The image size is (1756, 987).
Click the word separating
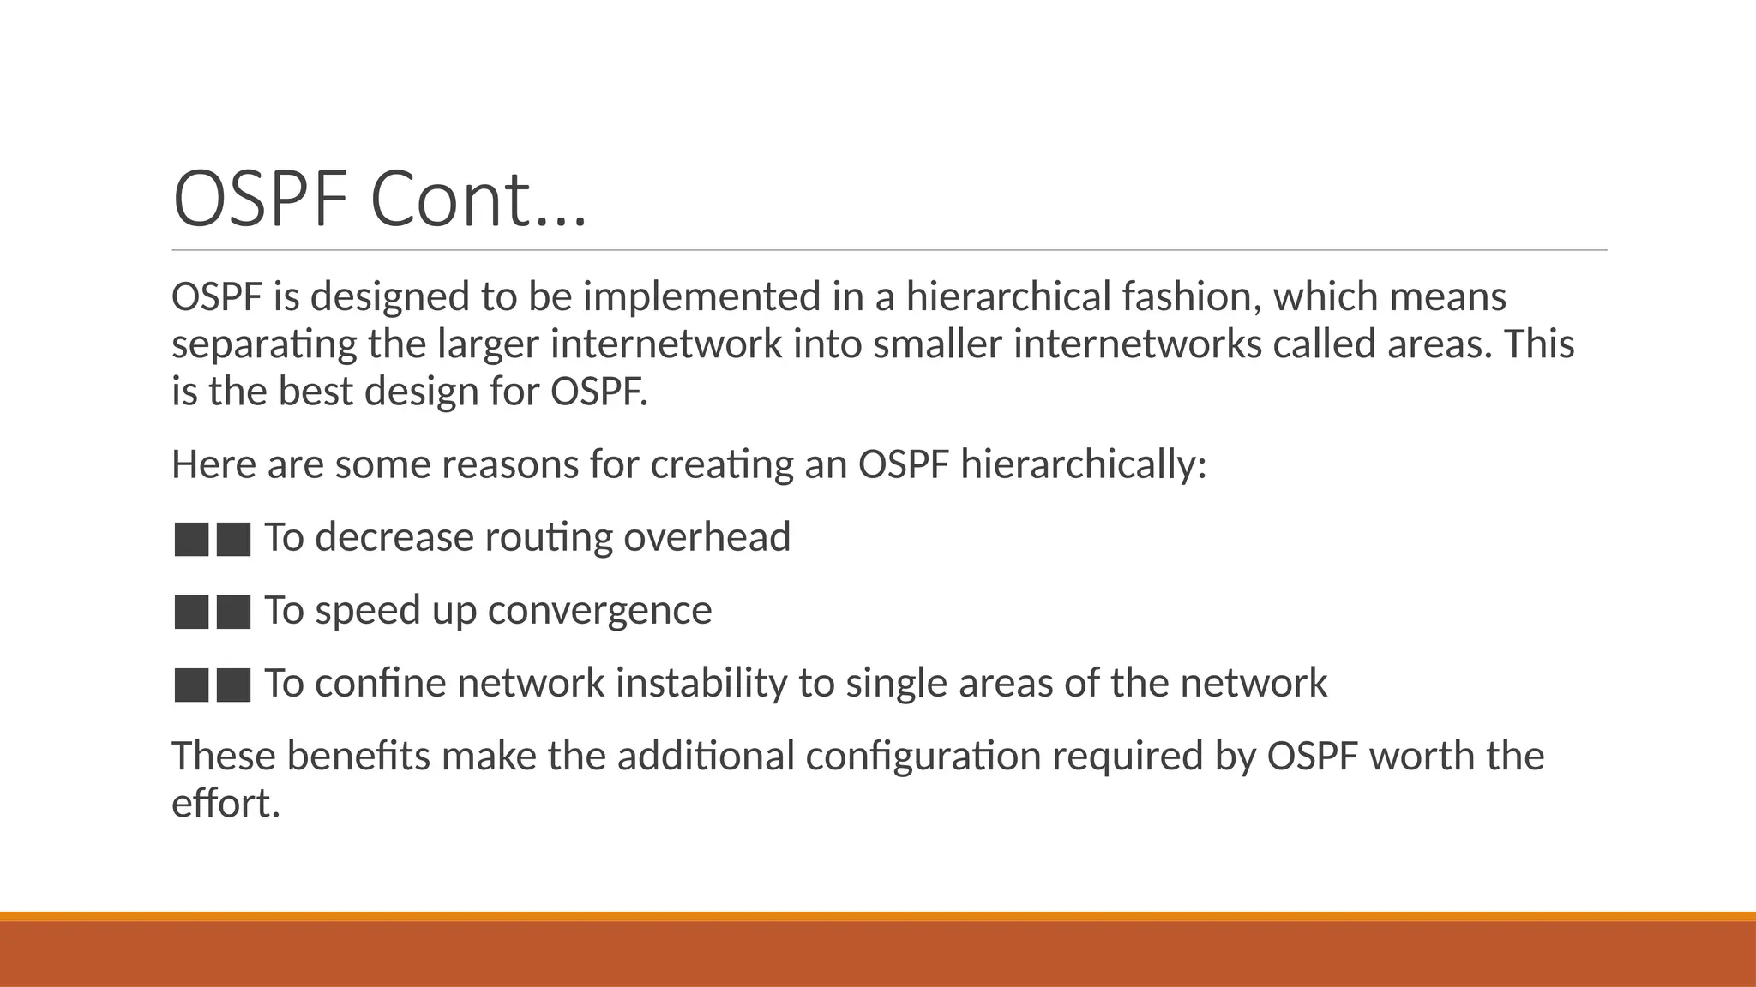tap(264, 344)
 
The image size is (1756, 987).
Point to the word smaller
tap(937, 344)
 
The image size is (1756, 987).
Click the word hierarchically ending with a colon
tap(1083, 465)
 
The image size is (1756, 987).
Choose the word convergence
tap(599, 611)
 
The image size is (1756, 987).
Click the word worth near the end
tap(1421, 757)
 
